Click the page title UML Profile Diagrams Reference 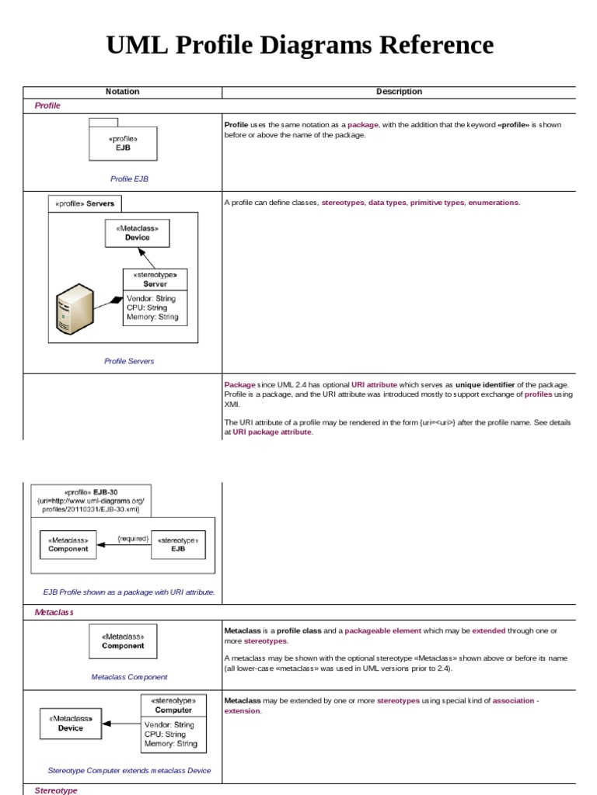point(299,45)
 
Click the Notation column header point(122,92)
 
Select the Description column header point(399,92)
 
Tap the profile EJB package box point(123,143)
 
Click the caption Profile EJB point(129,179)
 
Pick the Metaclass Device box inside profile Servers point(138,233)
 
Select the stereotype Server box point(155,296)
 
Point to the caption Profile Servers point(129,361)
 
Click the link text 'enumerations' point(493,203)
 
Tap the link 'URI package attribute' point(272,432)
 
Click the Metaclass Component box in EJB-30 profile point(68,544)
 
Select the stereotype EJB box point(178,544)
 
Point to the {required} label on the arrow point(132,537)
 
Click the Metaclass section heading point(54,613)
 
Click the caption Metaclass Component point(129,677)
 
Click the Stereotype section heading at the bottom point(56,790)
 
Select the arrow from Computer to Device point(121,723)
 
